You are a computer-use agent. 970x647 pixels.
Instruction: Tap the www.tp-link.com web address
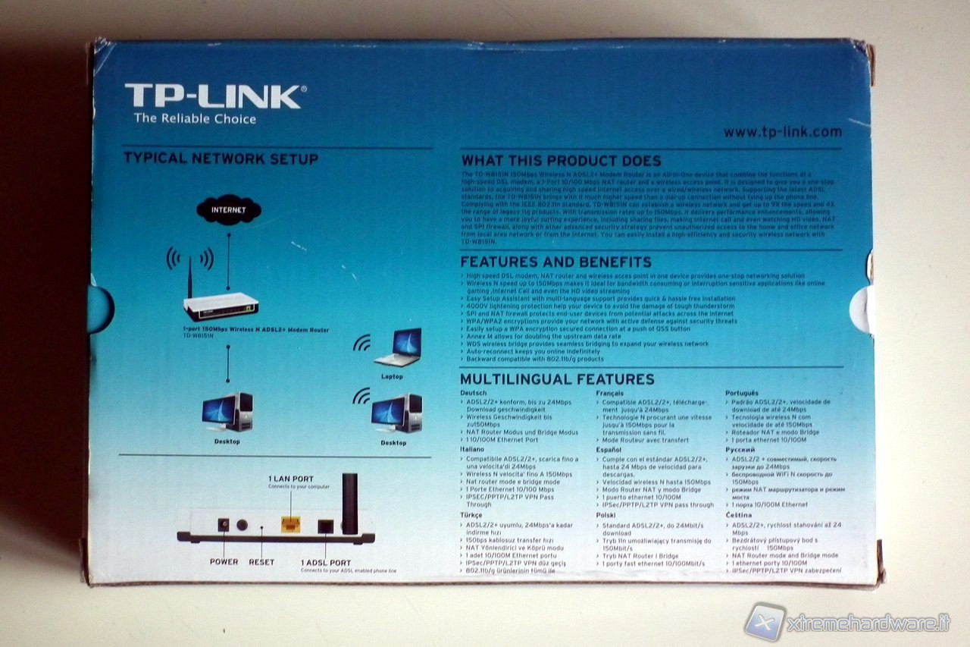(x=782, y=132)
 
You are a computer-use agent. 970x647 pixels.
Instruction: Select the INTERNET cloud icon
(x=227, y=210)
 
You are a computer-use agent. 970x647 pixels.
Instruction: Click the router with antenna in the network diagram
(x=220, y=303)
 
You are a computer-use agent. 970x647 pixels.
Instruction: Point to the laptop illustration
(x=397, y=348)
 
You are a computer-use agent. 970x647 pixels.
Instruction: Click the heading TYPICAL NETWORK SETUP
(x=221, y=159)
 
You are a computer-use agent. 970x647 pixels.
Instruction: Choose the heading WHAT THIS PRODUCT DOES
(x=561, y=161)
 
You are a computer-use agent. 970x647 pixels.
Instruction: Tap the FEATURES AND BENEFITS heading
(x=556, y=262)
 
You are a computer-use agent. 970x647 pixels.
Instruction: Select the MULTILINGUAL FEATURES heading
(x=557, y=379)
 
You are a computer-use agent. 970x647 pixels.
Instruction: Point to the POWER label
(x=224, y=562)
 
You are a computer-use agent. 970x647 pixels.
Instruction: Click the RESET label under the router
(x=261, y=562)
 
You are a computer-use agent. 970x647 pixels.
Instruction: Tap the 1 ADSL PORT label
(x=326, y=562)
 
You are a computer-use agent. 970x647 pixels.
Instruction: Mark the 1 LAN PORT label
(x=290, y=479)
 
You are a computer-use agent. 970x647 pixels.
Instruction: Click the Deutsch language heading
(x=474, y=393)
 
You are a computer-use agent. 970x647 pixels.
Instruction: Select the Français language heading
(x=610, y=393)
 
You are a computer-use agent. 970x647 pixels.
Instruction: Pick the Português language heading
(x=741, y=393)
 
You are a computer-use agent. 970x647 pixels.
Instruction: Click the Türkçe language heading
(x=471, y=514)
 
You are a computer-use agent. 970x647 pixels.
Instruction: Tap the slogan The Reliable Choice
(x=195, y=118)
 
